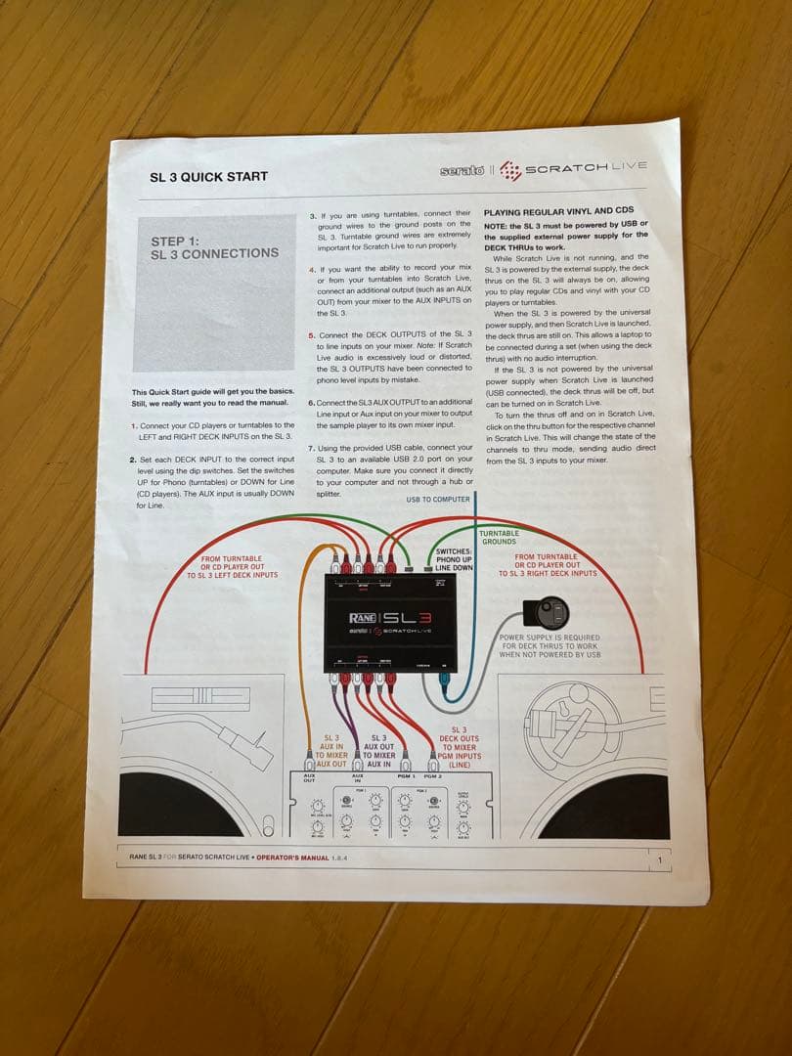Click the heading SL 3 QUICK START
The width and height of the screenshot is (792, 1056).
coord(208,177)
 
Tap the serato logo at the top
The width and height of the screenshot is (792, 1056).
coord(462,171)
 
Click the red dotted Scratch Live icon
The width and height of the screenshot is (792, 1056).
coord(509,171)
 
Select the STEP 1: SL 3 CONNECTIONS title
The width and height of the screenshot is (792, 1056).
coord(214,247)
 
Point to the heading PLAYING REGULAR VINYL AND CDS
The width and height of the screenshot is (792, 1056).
coord(558,210)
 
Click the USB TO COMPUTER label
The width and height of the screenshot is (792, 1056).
coord(438,500)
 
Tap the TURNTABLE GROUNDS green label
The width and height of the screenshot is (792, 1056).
coord(500,537)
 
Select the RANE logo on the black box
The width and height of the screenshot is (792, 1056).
coord(364,618)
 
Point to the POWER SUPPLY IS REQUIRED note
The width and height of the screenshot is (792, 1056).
coord(550,645)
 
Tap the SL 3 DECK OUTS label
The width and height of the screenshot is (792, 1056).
coord(459,746)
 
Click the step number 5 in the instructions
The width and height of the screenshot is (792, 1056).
coord(311,335)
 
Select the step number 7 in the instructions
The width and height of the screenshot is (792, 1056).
coord(311,447)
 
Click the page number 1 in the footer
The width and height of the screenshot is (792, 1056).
coord(660,860)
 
